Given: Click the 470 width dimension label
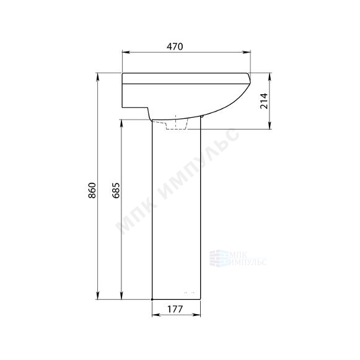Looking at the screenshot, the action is [175, 46].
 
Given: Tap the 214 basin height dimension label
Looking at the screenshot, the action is [264, 101].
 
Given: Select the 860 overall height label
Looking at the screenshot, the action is [92, 190].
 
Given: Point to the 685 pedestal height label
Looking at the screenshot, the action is [116, 190].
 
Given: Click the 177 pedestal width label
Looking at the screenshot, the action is [175, 309].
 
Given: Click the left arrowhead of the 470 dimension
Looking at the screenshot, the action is [126, 52].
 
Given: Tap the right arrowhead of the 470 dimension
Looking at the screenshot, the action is [247, 52].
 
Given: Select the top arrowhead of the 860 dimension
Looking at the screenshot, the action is [98, 77].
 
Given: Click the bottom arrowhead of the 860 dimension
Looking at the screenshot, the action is [98, 296].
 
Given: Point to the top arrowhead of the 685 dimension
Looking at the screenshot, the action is [121, 124].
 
